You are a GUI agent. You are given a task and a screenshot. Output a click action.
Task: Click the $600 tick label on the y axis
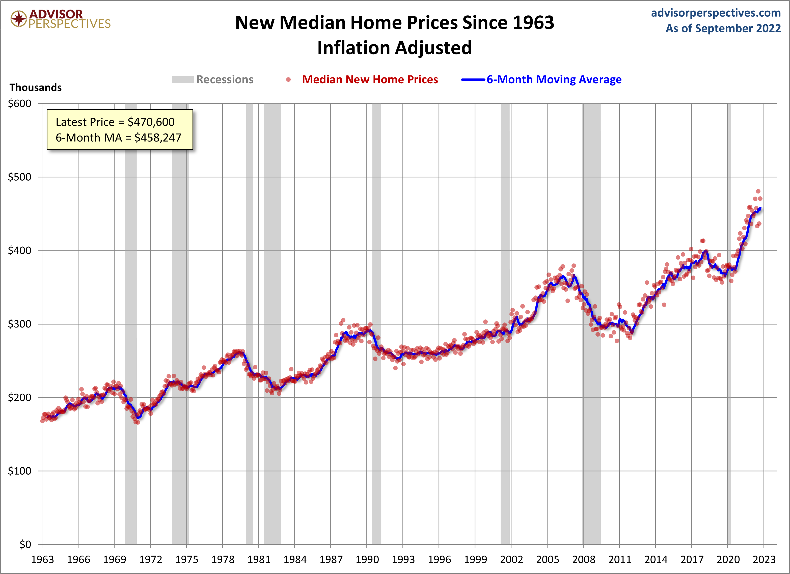tap(19, 104)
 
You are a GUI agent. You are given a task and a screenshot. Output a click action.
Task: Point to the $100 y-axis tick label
tap(19, 471)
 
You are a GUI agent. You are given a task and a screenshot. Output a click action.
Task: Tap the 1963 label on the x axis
tap(42, 559)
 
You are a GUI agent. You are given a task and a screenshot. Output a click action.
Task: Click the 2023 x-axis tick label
tap(764, 559)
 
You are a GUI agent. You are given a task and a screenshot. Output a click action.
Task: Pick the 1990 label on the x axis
tap(367, 559)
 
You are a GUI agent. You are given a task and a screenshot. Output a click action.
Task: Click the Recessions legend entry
tap(225, 79)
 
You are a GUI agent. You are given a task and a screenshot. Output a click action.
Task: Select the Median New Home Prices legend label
tap(370, 79)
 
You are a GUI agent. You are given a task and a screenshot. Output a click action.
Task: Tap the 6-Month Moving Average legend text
tap(554, 79)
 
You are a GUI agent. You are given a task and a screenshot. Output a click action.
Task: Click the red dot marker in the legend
tap(288, 80)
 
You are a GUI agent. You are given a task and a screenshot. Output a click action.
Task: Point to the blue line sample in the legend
tap(473, 80)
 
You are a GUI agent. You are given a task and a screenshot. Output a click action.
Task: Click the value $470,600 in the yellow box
tap(151, 122)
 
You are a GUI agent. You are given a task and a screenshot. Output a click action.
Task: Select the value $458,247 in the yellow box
tap(158, 138)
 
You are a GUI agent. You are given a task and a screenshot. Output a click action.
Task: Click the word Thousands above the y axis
tap(36, 87)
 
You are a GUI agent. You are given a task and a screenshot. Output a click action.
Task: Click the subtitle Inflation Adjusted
tap(394, 48)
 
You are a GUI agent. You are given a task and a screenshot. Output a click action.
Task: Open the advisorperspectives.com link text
tap(716, 13)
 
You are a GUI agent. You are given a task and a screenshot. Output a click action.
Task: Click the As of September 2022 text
tap(723, 28)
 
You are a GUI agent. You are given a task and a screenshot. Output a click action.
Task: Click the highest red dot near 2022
tap(758, 191)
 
